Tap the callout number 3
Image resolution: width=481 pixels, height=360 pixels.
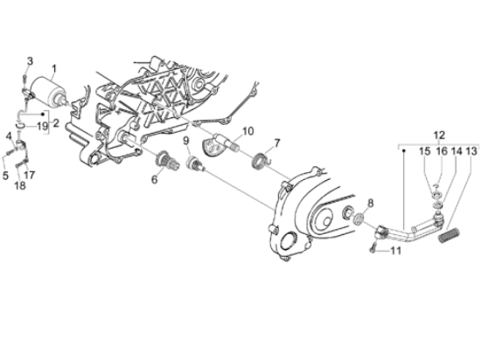point(29,60)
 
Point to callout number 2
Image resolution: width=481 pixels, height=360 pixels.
point(56,123)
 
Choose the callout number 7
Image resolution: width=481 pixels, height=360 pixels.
point(276,142)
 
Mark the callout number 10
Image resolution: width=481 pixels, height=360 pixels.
point(247,132)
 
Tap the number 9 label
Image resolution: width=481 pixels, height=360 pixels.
point(185,141)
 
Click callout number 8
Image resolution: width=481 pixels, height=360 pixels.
point(370,203)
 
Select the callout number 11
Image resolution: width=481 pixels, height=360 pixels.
point(394,251)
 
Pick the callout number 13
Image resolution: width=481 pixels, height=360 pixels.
point(471,151)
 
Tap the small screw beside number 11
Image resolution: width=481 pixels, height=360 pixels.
point(373,250)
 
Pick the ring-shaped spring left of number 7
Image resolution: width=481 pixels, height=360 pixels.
point(259,160)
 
